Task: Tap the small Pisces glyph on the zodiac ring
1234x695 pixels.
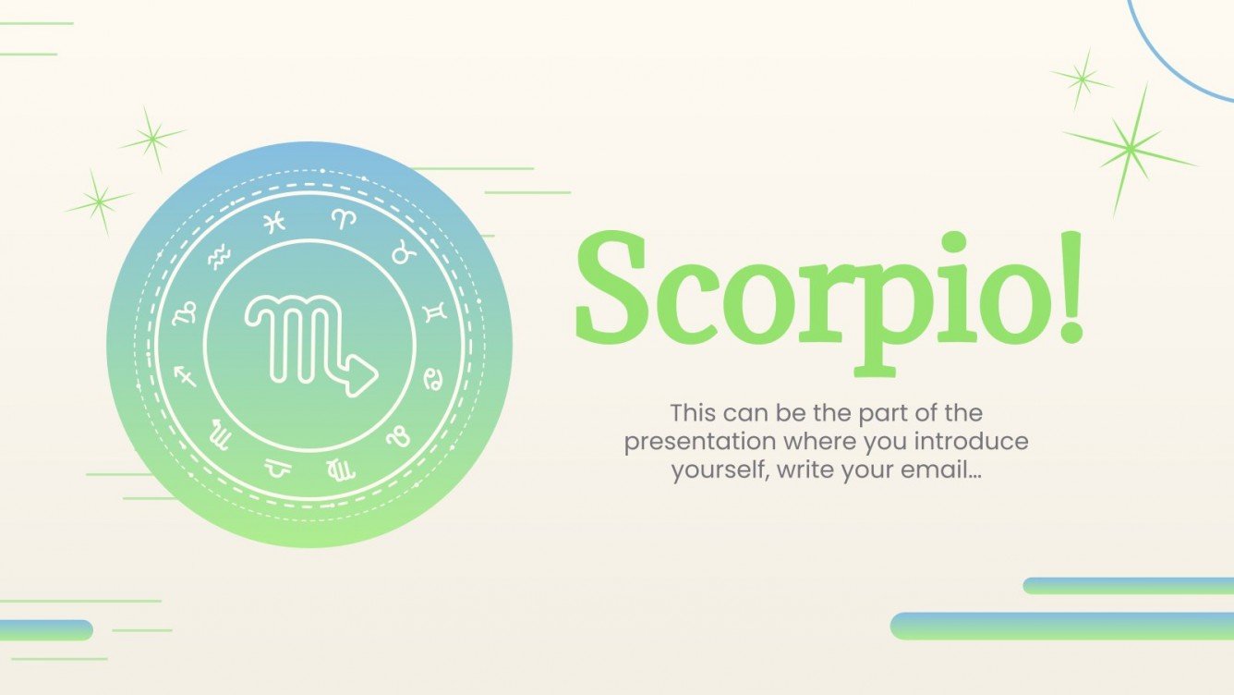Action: [273, 223]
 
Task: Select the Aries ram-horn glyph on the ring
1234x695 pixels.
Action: [344, 219]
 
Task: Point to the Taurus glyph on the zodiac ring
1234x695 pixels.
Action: [403, 252]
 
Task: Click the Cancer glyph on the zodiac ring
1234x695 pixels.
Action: [431, 378]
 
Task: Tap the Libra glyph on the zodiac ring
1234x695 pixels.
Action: [275, 469]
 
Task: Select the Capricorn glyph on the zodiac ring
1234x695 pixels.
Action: [186, 312]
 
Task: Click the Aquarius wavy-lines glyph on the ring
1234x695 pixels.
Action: [218, 254]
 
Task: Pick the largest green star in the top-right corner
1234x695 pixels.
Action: [1130, 148]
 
